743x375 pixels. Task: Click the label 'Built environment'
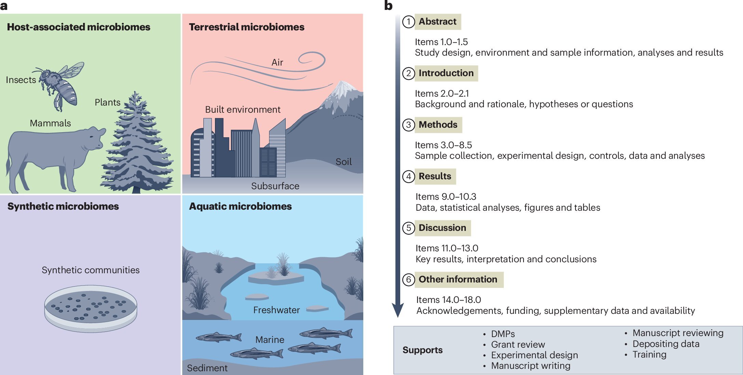(x=243, y=110)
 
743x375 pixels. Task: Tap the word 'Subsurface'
(x=275, y=186)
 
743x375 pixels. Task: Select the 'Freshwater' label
(x=276, y=310)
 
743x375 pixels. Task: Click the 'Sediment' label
(x=207, y=368)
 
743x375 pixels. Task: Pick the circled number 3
(x=408, y=125)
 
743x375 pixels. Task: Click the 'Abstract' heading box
(x=438, y=22)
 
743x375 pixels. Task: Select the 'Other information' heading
(x=458, y=279)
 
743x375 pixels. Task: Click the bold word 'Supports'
(x=422, y=350)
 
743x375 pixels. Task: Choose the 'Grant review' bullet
(x=518, y=345)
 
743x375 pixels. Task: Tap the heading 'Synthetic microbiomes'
(x=63, y=206)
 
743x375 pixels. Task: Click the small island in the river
(x=275, y=277)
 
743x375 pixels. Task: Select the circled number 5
(x=408, y=228)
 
